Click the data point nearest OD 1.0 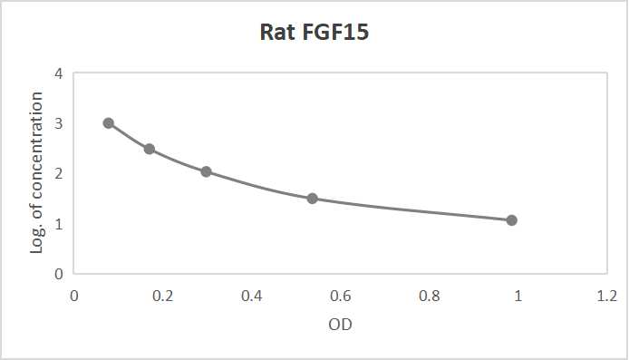coord(512,220)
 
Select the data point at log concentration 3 coord(109,123)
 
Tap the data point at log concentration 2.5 coord(150,149)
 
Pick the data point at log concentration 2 coord(207,171)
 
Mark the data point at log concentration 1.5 coord(313,199)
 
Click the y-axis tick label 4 coord(57,73)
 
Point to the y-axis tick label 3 coord(57,123)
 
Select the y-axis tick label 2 coord(57,173)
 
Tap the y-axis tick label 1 coord(57,223)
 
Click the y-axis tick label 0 coord(57,273)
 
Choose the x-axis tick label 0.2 coord(163,296)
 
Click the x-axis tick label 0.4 coord(252,296)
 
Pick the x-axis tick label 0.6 coord(341,296)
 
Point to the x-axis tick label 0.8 coord(430,296)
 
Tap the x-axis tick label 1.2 coord(607,296)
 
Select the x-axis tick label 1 coord(518,296)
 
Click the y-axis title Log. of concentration coord(37,172)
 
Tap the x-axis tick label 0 coord(74,296)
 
